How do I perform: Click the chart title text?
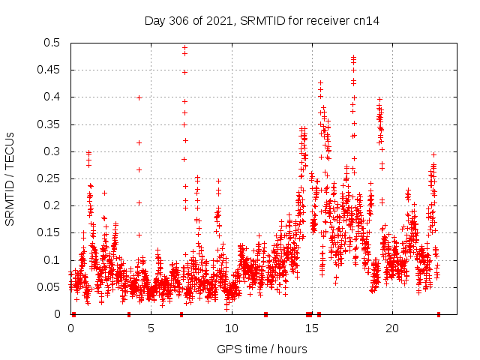coord(262,20)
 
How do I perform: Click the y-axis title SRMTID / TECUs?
coord(10,178)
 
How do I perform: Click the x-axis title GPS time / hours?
coord(262,349)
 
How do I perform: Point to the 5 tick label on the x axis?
coord(151,328)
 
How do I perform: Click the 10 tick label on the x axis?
coord(231,328)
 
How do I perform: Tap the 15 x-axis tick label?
coord(311,328)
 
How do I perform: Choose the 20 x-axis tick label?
coord(391,328)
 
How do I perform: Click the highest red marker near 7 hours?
coord(184,47)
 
